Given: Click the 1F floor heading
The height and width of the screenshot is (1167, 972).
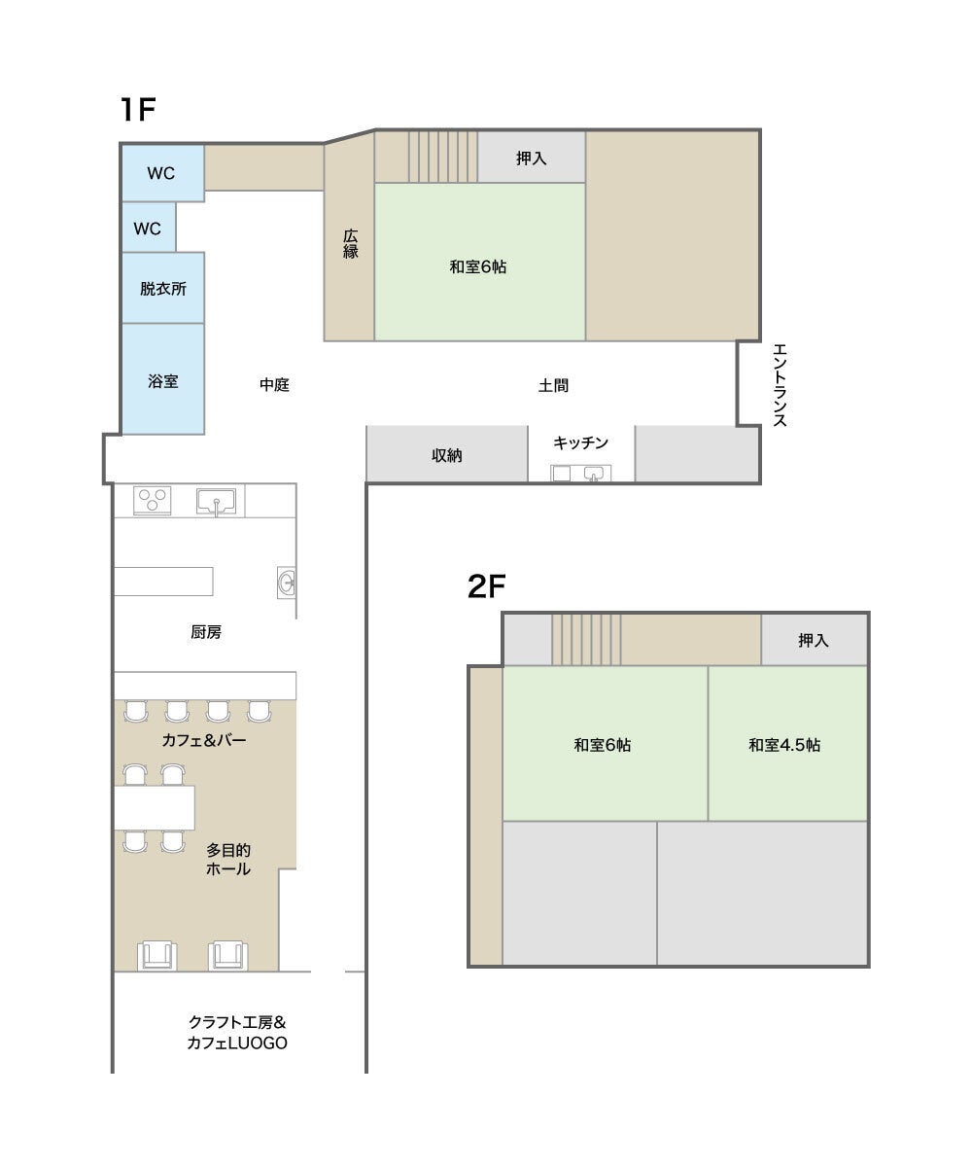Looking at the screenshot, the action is coord(137,109).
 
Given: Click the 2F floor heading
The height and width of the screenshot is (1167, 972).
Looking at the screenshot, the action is coord(486,585).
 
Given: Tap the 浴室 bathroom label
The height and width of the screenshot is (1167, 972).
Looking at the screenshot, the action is coord(163,381).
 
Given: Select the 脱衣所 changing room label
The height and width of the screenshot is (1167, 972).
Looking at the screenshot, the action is coord(163,289).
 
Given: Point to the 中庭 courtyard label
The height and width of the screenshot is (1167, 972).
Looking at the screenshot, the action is coord(274,384).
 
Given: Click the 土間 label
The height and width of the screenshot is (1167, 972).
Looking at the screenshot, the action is coord(553,386).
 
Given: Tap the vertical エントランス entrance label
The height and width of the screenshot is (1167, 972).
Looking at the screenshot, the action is coord(780,385).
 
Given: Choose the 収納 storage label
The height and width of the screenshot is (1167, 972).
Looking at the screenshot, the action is coord(447,455).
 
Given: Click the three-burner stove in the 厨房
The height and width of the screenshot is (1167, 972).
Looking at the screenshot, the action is coord(152,500).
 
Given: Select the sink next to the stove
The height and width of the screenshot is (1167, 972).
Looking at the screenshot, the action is coord(216,502).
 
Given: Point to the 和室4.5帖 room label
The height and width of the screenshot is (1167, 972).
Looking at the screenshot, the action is coord(784,745).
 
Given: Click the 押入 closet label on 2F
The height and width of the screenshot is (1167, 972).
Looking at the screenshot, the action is coord(814,640).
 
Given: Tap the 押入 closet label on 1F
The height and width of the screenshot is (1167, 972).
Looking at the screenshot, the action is coord(532,159).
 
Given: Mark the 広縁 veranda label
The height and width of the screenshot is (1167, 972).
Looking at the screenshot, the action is coord(350,244).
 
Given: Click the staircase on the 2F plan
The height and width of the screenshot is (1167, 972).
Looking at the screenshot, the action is coord(586,640).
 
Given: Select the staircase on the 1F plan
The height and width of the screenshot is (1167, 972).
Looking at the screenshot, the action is coord(443,157).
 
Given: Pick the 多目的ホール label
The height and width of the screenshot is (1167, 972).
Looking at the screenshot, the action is coord(227,860).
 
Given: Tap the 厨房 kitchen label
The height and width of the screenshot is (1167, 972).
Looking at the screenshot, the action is coord(206,632).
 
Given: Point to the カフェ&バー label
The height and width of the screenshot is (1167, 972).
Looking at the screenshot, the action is coord(204,740).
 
